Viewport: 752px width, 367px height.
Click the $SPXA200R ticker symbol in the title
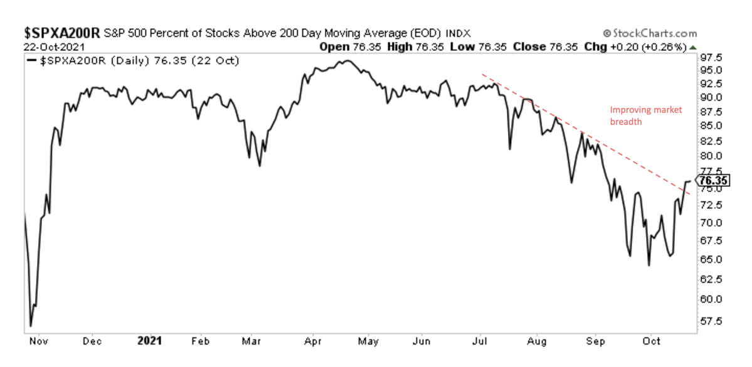tap(61, 33)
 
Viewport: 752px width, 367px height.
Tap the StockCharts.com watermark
tap(650, 33)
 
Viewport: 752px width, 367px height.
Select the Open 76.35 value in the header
tap(355, 46)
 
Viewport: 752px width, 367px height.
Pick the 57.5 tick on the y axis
tap(711, 321)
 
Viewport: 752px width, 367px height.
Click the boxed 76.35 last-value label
tap(714, 181)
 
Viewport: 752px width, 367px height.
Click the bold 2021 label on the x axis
tap(149, 341)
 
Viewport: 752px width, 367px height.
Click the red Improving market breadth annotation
tap(645, 116)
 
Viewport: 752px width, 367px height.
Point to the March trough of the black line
tap(259, 166)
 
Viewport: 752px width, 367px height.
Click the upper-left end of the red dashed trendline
tap(482, 75)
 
